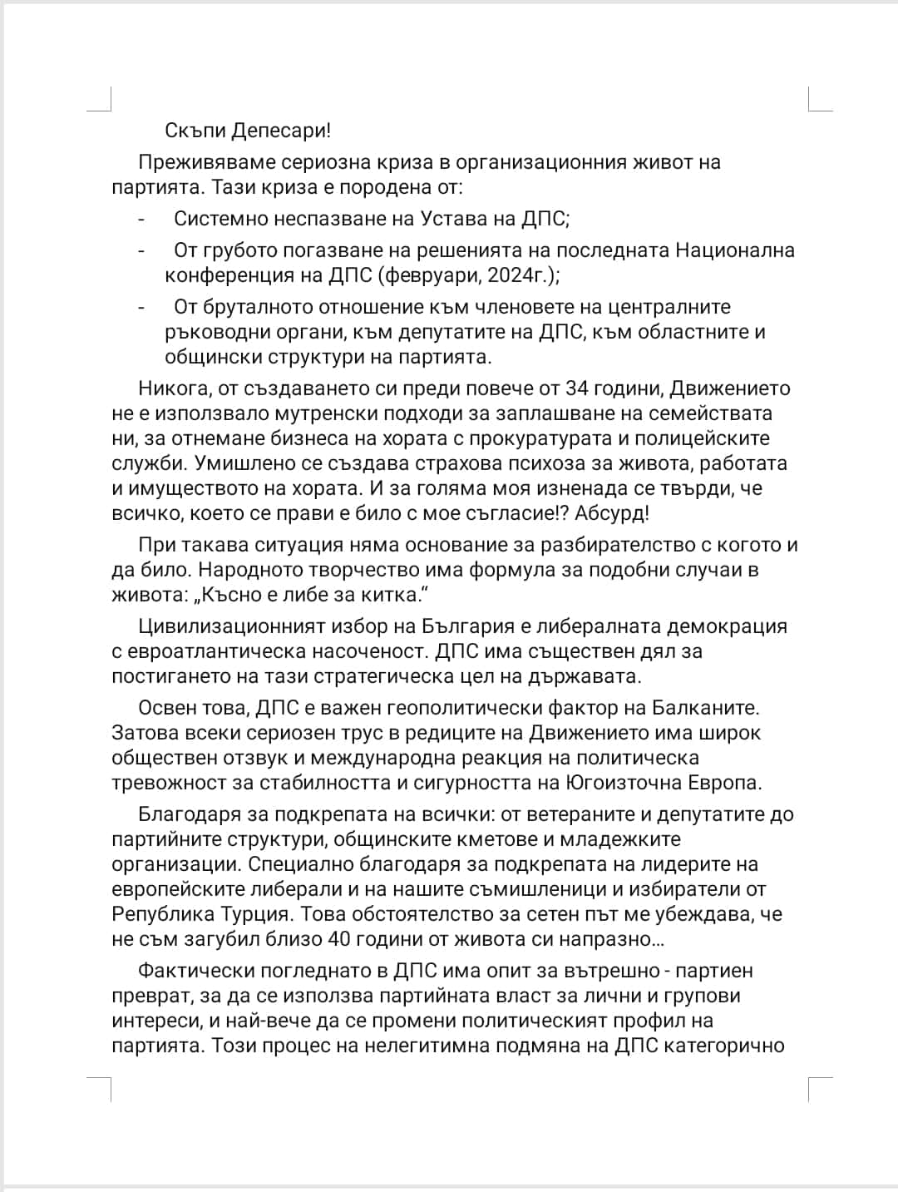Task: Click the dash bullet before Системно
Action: pyautogui.click(x=142, y=220)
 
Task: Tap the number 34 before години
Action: pyautogui.click(x=576, y=388)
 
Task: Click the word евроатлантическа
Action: pyautogui.click(x=219, y=651)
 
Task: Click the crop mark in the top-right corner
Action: pyautogui.click(x=819, y=99)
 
